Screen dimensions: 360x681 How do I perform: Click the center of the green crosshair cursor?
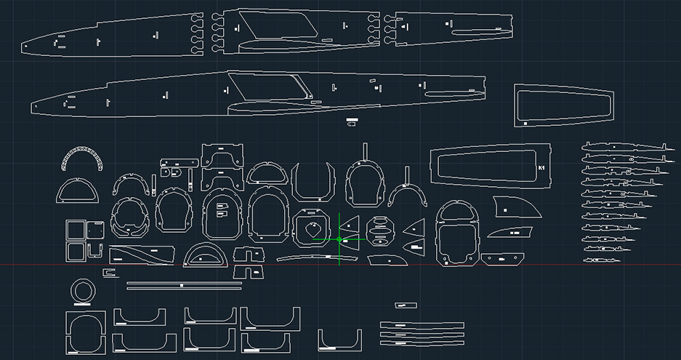tap(339, 239)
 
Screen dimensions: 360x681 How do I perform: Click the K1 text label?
tap(541, 169)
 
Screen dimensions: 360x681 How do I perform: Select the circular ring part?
tap(82, 291)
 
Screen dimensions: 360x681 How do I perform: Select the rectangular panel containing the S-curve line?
tap(142, 255)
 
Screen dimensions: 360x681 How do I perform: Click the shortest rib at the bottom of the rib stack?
tap(600, 260)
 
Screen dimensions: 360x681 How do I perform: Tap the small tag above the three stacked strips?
tap(405, 305)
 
